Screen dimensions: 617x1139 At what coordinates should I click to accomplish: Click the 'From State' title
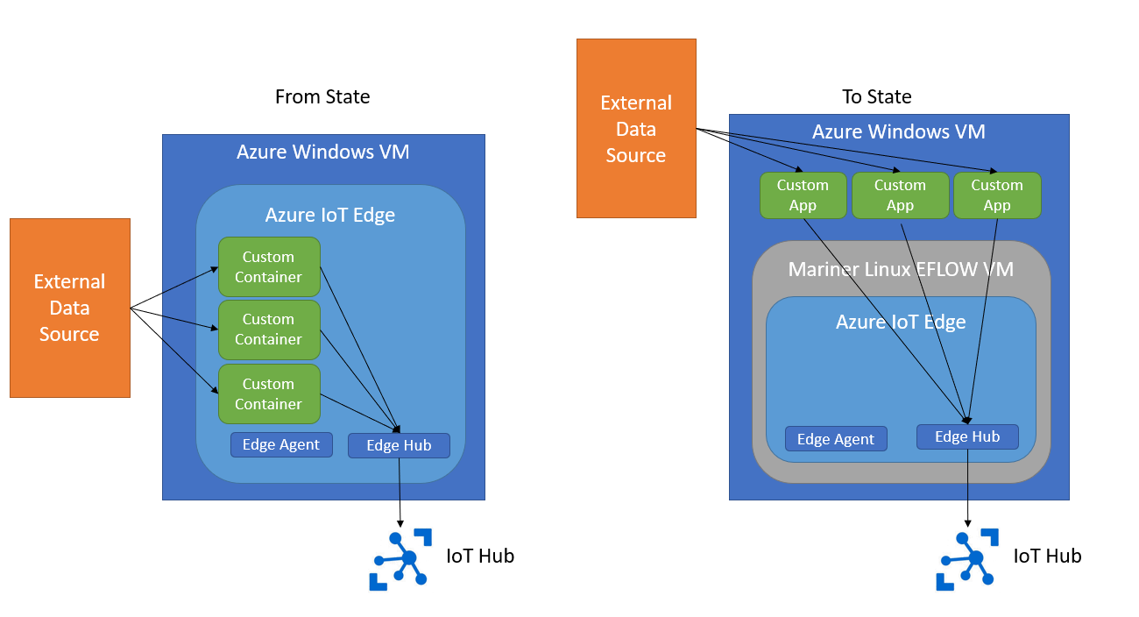coord(322,96)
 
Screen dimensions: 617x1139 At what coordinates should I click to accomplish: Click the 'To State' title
coord(876,96)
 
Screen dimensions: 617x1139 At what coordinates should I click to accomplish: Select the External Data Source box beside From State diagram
coord(70,308)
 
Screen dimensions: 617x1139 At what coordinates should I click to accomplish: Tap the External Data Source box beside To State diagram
coord(636,128)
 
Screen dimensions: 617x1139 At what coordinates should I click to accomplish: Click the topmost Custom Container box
coord(268,266)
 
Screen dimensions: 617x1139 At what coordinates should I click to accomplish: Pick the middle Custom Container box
coord(268,329)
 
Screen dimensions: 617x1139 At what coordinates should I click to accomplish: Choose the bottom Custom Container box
coord(268,394)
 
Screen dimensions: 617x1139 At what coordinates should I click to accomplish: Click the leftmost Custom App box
coord(803,195)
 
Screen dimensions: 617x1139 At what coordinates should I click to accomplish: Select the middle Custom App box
coord(900,195)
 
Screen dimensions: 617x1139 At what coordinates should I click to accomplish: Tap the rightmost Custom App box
coord(997,195)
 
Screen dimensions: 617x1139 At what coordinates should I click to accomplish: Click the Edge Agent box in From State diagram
coord(281,444)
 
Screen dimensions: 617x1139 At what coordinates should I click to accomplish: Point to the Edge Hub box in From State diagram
coord(399,445)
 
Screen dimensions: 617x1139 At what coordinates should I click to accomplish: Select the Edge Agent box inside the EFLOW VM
coord(836,439)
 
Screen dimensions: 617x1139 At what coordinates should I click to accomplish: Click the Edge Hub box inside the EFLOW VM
coord(967,436)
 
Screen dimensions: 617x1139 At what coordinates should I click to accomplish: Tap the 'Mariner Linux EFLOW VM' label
coord(901,269)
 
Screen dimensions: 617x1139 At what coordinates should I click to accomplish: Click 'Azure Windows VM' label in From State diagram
coord(322,152)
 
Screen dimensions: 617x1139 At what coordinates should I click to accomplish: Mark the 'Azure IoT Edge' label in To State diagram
coord(901,322)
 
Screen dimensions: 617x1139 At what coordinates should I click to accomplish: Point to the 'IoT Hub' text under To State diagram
coord(1047,556)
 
